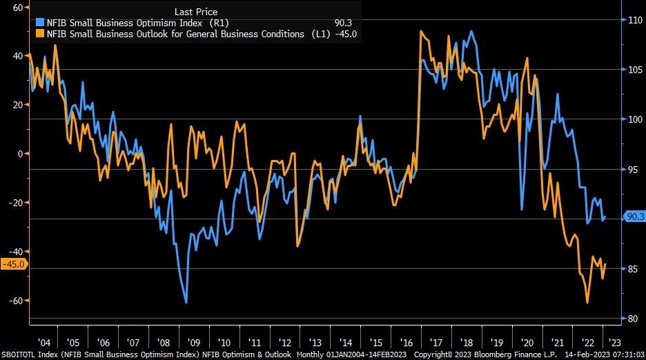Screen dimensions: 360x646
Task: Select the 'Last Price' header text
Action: pyautogui.click(x=195, y=12)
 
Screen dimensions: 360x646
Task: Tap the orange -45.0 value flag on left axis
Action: pyautogui.click(x=14, y=264)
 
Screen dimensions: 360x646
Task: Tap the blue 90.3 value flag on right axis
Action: pyautogui.click(x=634, y=217)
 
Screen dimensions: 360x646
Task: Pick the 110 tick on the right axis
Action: pyautogui.click(x=634, y=20)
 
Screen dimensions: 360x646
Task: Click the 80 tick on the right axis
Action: pyautogui.click(x=632, y=319)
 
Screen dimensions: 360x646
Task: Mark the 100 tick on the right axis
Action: pyautogui.click(x=634, y=119)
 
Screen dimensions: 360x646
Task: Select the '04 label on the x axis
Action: pyautogui.click(x=43, y=341)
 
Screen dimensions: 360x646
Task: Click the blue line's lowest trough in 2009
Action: pyautogui.click(x=186, y=302)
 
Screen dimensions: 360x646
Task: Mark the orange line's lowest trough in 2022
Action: pyautogui.click(x=587, y=302)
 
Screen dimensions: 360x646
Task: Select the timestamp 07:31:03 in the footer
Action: pyautogui.click(x=624, y=354)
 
